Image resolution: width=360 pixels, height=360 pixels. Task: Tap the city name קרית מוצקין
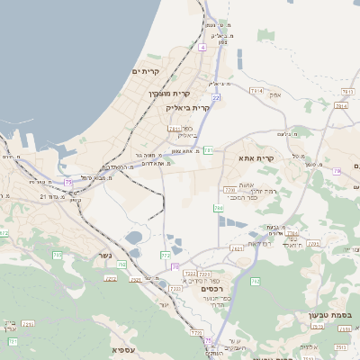click(169, 94)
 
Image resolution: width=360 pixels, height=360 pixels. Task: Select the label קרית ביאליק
click(187, 107)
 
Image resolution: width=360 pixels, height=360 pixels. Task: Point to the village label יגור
click(164, 305)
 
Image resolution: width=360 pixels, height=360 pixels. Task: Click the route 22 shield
click(216, 95)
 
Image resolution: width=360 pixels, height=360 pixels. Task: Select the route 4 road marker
click(203, 46)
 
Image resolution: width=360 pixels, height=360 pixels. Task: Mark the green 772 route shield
click(166, 256)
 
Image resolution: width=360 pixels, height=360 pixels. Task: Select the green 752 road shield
click(121, 264)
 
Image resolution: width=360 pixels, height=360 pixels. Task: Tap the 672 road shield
click(4, 233)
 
